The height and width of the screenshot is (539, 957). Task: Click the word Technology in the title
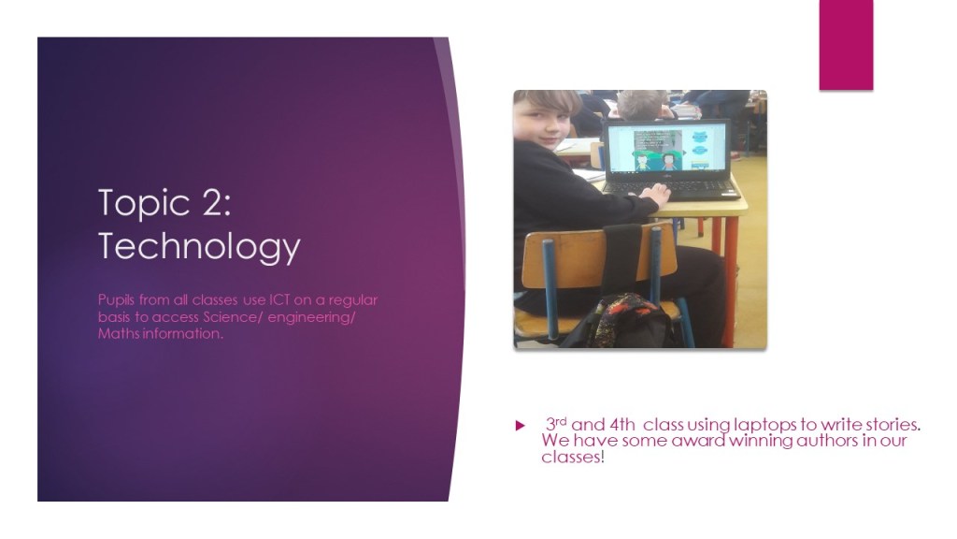199,246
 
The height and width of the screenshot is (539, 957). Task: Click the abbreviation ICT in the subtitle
279,300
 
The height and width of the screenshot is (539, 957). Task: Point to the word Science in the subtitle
232,316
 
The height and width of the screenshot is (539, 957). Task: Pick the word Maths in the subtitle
119,333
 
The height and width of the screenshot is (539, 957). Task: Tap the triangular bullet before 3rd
520,426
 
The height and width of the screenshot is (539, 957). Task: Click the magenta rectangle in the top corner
846,45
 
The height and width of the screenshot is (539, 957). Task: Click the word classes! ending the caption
573,457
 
